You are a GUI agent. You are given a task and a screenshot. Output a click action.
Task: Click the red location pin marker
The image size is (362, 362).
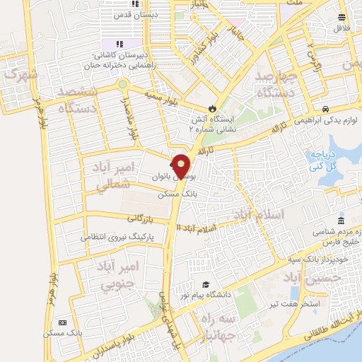click(182, 166)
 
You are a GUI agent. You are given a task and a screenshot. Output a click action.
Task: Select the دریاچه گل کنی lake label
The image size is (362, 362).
click(321, 160)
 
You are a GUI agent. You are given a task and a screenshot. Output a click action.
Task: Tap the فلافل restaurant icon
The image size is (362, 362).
click(342, 17)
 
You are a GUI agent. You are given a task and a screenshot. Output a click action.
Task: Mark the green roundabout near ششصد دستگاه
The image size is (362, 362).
click(124, 84)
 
